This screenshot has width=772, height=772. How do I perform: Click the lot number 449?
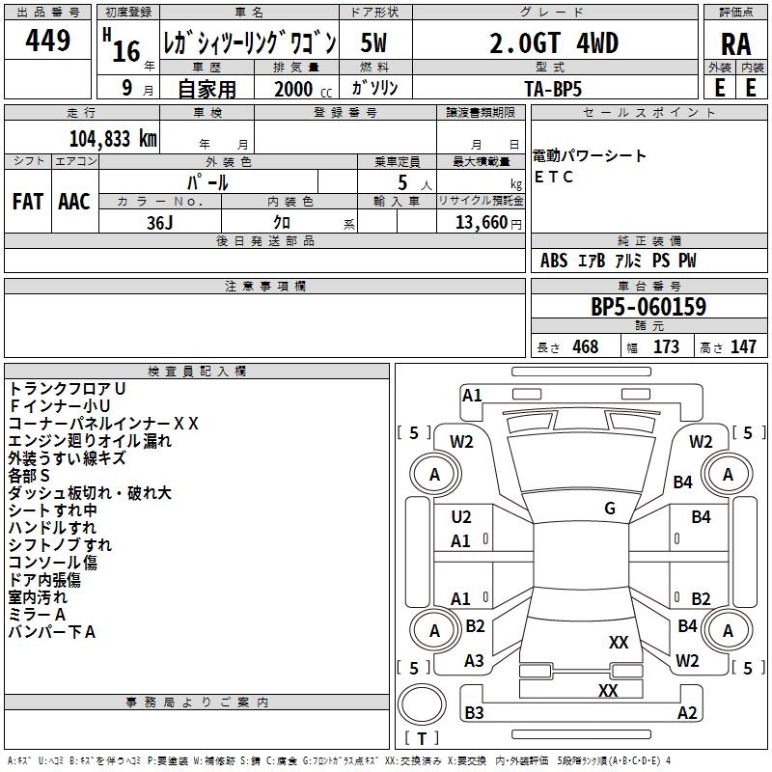coord(48,41)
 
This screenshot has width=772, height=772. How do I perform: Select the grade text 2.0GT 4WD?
coord(554,43)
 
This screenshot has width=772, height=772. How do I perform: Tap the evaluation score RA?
coord(735,44)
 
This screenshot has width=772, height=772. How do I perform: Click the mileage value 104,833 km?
coord(113,139)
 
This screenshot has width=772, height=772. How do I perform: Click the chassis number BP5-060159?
coord(648,307)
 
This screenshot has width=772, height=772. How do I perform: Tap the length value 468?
coord(585,346)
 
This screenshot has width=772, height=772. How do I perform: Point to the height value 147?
coord(743,346)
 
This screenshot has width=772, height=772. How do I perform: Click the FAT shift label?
coord(28,202)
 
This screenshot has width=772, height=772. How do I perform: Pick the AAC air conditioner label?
coord(74,202)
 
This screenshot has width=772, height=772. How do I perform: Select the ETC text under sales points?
coord(555,177)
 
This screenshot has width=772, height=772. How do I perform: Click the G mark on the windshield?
coord(610,509)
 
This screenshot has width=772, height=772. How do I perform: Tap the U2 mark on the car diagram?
coord(461,518)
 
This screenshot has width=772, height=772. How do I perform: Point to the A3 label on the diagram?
coord(474,661)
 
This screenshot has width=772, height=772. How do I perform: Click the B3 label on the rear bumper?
coord(474,713)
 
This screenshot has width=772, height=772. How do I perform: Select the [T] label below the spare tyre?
coord(421,739)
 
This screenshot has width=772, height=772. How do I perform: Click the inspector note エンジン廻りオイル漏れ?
coord(90,441)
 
